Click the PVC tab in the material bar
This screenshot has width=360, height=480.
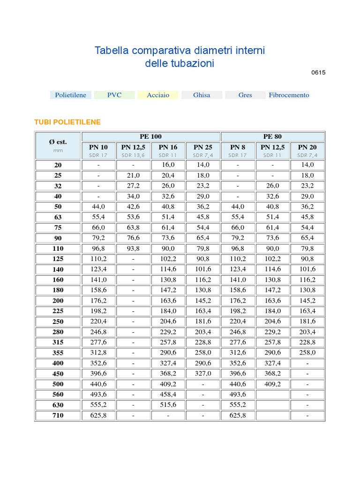[114, 95]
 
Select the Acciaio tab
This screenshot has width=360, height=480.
[158, 95]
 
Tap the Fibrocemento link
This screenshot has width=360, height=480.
[289, 95]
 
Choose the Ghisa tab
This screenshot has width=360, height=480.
[202, 95]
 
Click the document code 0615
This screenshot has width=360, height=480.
[318, 73]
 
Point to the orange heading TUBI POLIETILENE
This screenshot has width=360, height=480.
[67, 122]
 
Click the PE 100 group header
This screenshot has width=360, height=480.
[150, 136]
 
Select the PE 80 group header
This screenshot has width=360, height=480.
[272, 136]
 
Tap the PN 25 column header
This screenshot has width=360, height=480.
[203, 147]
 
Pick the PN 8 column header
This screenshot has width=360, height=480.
[238, 147]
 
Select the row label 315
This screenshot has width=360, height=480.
[58, 342]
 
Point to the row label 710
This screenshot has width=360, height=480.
[58, 415]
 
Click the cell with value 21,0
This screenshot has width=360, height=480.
[133, 175]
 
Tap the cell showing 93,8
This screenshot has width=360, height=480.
[133, 248]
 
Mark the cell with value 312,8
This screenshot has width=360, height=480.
[98, 352]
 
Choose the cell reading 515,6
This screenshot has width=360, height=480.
[168, 405]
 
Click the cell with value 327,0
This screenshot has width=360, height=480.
[203, 374]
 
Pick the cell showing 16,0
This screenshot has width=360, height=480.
[168, 165]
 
